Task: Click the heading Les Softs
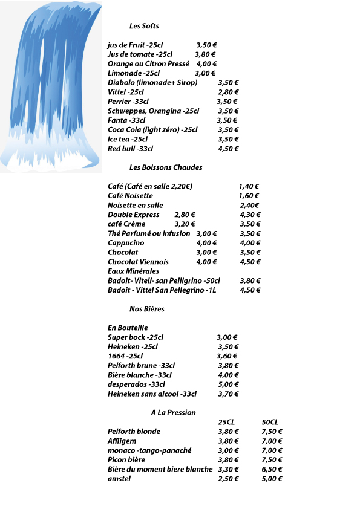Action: (x=144, y=26)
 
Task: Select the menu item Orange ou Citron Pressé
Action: (x=148, y=63)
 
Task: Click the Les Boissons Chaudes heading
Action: (x=166, y=167)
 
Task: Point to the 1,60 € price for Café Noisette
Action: (x=249, y=196)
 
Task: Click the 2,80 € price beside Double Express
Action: (x=185, y=215)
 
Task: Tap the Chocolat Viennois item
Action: (x=138, y=262)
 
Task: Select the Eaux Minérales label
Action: (x=129, y=271)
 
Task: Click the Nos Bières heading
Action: (x=147, y=309)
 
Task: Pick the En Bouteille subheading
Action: (x=128, y=328)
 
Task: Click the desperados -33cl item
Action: (x=136, y=384)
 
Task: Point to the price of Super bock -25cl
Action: (x=227, y=337)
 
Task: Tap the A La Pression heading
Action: (x=173, y=413)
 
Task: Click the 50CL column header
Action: (x=270, y=422)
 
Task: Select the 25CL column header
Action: (x=226, y=422)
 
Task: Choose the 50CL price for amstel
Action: (x=272, y=479)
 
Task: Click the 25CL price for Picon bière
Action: (x=229, y=460)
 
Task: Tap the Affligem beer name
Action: (x=123, y=441)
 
